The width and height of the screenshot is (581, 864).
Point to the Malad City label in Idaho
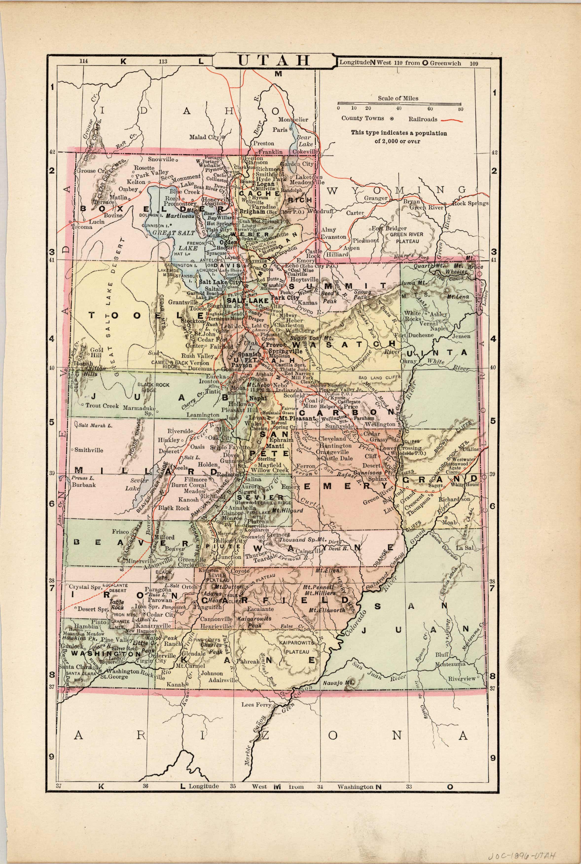pyautogui.click(x=204, y=137)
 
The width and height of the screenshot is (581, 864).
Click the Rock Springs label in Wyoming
pyautogui.click(x=470, y=203)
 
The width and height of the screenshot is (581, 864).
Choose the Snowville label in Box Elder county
pyautogui.click(x=161, y=159)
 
